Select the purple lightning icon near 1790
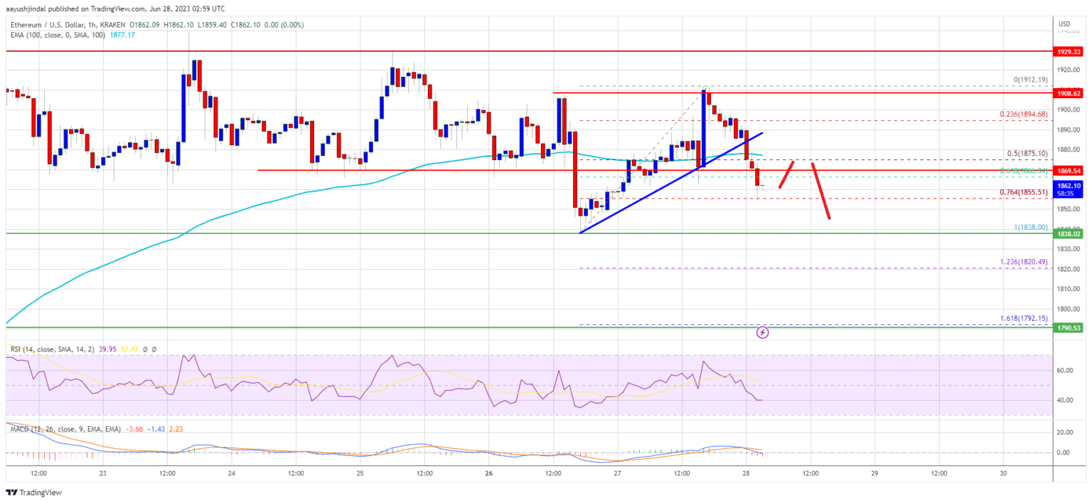[763, 332]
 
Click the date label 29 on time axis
[874, 473]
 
